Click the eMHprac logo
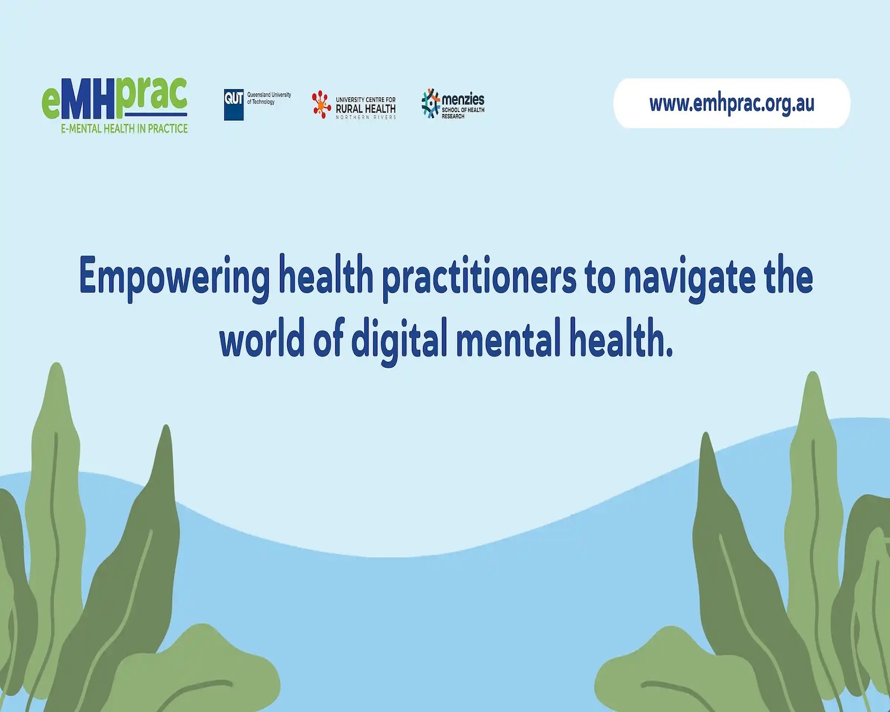(x=115, y=106)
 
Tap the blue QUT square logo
(x=234, y=104)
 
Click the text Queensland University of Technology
(x=269, y=98)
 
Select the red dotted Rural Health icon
(x=322, y=104)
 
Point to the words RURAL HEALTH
(x=365, y=109)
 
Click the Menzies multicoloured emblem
(x=431, y=103)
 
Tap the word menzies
(x=463, y=99)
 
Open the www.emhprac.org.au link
(x=732, y=103)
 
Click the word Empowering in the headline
(x=174, y=278)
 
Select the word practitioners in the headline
(x=479, y=278)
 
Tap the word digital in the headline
(x=399, y=342)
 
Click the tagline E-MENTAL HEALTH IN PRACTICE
(x=125, y=129)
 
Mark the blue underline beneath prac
(x=155, y=114)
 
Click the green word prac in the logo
(x=151, y=94)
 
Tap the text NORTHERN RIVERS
(x=366, y=117)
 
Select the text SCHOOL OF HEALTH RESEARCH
(x=463, y=113)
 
